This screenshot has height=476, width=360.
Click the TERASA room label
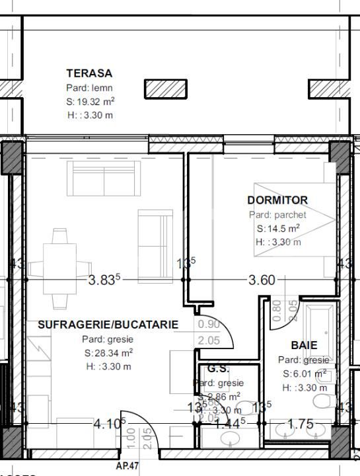pos(89,73)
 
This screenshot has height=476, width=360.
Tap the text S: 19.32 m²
pos(90,102)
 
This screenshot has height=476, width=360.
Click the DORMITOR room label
pos(277,200)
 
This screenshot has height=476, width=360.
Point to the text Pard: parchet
pos(277,215)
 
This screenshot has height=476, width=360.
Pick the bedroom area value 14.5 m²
pos(279,229)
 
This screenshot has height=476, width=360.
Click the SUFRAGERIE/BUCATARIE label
pos(108,325)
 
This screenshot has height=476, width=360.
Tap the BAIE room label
pos(304,345)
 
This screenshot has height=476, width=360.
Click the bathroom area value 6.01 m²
pos(303,374)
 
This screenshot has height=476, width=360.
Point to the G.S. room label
pos(217,368)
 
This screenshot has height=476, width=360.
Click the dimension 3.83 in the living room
pos(104,280)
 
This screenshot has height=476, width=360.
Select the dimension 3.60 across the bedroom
pos(261,280)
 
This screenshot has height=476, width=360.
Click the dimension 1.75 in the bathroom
pos(301,424)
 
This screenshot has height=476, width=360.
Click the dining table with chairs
pos(59,268)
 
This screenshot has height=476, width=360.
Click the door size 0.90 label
pos(209,324)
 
